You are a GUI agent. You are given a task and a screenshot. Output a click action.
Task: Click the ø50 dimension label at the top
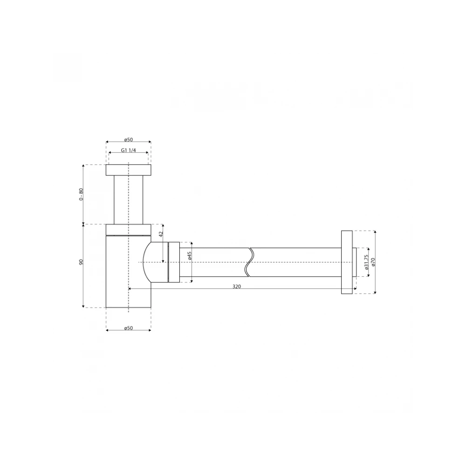[x=129, y=140]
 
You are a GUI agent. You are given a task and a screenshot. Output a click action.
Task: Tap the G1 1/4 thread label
[x=129, y=150]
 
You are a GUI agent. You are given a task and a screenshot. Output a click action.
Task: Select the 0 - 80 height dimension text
[x=81, y=194]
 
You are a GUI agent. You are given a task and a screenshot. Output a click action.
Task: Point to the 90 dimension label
[x=81, y=262]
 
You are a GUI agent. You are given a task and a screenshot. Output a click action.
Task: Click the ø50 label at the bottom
[x=129, y=328]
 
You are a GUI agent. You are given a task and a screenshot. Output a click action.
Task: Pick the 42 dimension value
[x=161, y=234]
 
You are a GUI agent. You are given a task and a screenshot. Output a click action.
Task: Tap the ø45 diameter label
[x=190, y=256]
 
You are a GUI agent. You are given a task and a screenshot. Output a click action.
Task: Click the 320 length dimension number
[x=237, y=287]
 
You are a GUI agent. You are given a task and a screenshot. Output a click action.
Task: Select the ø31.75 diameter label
[x=366, y=262]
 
